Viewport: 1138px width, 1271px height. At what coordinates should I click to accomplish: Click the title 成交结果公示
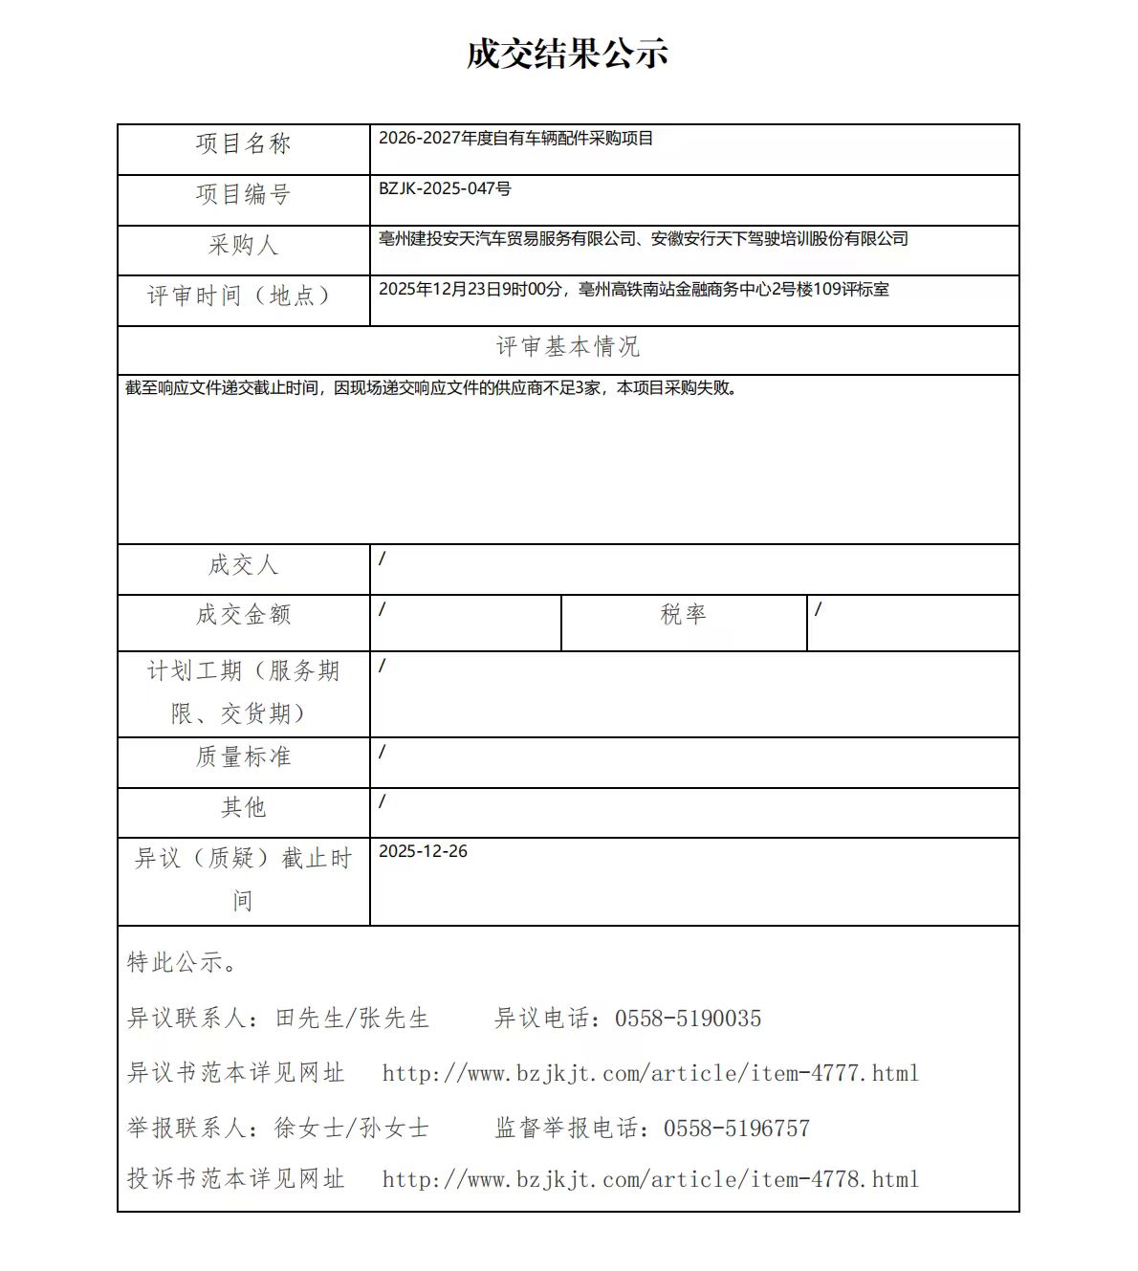pyautogui.click(x=567, y=55)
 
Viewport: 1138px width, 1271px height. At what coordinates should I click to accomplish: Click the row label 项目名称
pyautogui.click(x=243, y=144)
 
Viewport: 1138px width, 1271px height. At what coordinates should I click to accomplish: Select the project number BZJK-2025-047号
pyautogui.click(x=445, y=188)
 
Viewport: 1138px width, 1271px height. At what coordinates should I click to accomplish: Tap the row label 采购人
pyautogui.click(x=243, y=246)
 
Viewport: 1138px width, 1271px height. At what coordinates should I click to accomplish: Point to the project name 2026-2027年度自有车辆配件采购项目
pyautogui.click(x=515, y=139)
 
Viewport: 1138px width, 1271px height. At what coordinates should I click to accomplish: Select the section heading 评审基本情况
pyautogui.click(x=567, y=347)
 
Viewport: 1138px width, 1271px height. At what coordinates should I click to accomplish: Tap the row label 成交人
pyautogui.click(x=243, y=565)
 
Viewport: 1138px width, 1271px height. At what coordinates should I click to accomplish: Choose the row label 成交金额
pyautogui.click(x=243, y=615)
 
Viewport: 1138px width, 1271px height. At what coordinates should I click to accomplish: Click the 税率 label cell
pyautogui.click(x=683, y=615)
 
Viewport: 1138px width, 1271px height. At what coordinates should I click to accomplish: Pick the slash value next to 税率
pyautogui.click(x=818, y=609)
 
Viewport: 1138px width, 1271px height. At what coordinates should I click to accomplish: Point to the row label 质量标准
pyautogui.click(x=243, y=757)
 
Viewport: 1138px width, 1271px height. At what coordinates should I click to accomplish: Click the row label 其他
pyautogui.click(x=243, y=808)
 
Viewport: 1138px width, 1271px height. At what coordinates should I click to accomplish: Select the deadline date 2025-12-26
pyautogui.click(x=423, y=852)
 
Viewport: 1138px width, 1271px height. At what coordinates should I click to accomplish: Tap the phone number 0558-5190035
pyautogui.click(x=688, y=1019)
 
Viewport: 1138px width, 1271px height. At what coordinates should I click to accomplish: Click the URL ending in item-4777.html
pyautogui.click(x=650, y=1074)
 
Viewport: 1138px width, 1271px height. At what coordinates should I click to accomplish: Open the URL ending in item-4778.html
pyautogui.click(x=650, y=1180)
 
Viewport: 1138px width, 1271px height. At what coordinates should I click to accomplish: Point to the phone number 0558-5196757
pyautogui.click(x=736, y=1129)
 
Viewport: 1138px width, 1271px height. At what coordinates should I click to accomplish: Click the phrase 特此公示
pyautogui.click(x=182, y=963)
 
